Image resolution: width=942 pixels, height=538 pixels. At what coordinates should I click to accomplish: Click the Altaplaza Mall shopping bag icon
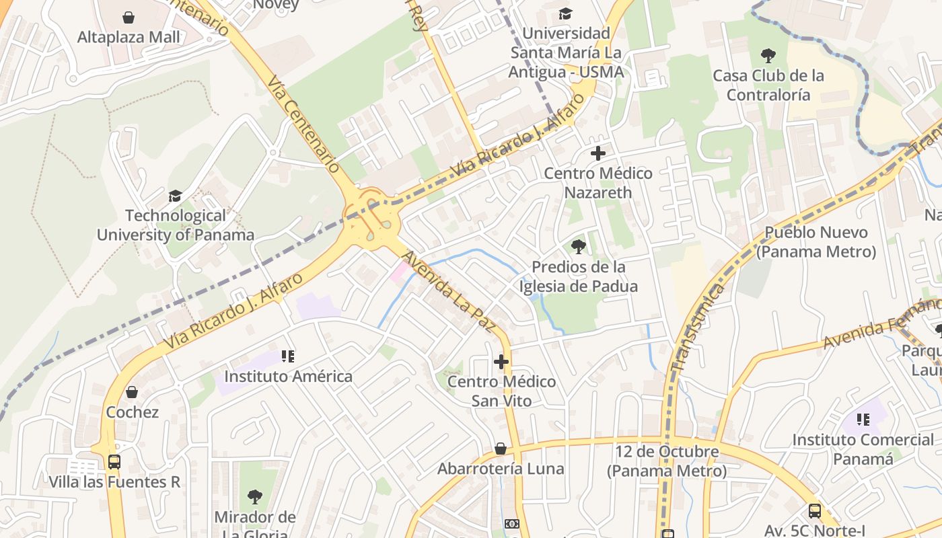click(x=129, y=17)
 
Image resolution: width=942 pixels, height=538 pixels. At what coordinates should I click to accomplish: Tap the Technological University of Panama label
click(x=176, y=225)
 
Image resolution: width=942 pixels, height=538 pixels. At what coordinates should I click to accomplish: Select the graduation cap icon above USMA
click(x=566, y=13)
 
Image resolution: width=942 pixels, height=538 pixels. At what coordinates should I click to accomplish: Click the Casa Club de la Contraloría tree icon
click(x=768, y=56)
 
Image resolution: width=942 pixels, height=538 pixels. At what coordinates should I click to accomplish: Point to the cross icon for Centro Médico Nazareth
click(x=597, y=153)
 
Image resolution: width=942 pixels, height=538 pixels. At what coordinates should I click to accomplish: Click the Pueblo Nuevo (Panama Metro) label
click(x=816, y=242)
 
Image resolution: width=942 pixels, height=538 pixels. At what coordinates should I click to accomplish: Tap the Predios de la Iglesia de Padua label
click(x=578, y=276)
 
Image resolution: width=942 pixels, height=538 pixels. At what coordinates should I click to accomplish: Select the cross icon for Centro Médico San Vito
click(x=501, y=362)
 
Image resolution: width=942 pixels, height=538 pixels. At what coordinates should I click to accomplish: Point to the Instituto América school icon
click(x=288, y=356)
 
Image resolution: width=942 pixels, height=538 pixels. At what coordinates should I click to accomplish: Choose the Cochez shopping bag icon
click(x=132, y=392)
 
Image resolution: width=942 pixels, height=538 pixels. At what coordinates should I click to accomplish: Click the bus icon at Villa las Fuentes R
click(x=114, y=462)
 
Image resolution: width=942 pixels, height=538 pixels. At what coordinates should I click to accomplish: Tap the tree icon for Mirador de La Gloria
click(x=254, y=497)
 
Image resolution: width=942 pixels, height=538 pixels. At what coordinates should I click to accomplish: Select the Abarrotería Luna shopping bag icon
click(x=501, y=449)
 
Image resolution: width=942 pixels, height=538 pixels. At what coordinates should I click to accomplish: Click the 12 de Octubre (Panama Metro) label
click(x=667, y=461)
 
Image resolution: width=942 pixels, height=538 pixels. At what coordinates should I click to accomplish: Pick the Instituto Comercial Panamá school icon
click(x=863, y=420)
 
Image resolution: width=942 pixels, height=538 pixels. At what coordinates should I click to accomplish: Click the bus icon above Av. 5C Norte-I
click(x=815, y=510)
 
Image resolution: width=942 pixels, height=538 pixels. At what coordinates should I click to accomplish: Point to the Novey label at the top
click(x=276, y=5)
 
